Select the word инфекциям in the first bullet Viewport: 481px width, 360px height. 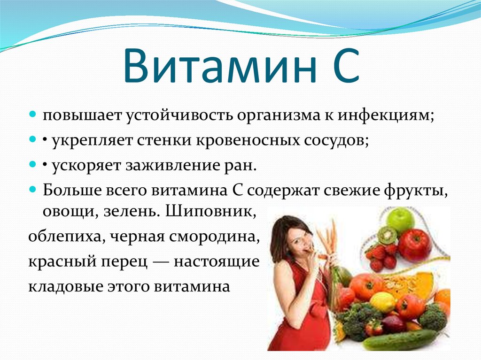[386, 115]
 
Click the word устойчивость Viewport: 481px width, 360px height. [179, 115]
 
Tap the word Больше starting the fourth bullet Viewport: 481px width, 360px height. [72, 190]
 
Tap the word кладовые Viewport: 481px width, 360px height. [65, 287]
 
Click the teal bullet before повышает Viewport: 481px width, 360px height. [33, 115]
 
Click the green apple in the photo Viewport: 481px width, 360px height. [400, 220]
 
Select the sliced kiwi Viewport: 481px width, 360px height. [387, 235]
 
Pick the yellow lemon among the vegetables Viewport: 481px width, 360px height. [382, 302]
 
